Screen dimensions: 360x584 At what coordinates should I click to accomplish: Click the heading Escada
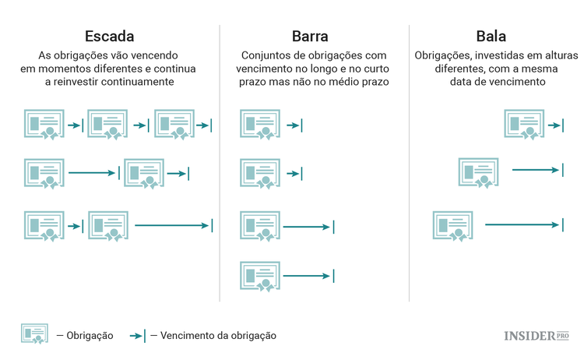coord(109,36)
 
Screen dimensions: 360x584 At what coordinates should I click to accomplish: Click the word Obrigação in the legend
coord(90,336)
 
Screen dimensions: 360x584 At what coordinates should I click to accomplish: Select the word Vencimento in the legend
coord(188,336)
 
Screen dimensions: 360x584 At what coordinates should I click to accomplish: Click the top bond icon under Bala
coord(523,125)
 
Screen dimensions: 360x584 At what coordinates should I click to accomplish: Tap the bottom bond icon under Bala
coord(453,225)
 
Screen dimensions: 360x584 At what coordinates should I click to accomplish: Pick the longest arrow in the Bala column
coord(522,225)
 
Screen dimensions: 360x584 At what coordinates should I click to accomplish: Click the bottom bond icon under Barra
coord(260,275)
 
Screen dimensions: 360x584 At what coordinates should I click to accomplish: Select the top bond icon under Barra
coord(260,125)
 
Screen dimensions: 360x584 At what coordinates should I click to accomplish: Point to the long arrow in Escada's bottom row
coord(171,225)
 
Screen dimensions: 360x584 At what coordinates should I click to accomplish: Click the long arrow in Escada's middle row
coord(92,174)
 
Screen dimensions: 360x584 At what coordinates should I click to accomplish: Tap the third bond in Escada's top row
coord(174,125)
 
